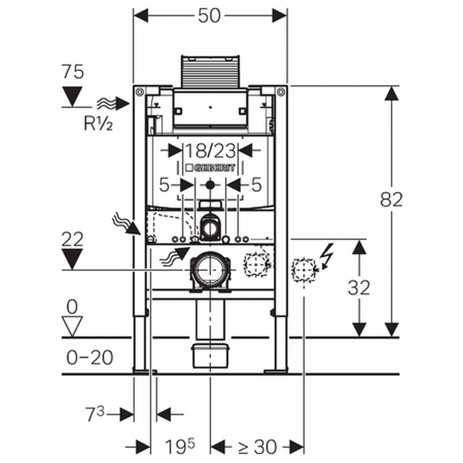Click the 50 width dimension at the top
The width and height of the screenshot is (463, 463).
(x=210, y=16)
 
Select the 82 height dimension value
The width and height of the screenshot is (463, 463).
(x=391, y=200)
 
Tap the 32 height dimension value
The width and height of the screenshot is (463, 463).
(x=359, y=288)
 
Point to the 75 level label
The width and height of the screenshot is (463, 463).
(x=73, y=72)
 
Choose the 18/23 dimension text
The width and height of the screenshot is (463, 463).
(x=210, y=151)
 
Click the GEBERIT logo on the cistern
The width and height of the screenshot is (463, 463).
(x=210, y=168)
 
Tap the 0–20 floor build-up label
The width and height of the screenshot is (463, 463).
(x=89, y=358)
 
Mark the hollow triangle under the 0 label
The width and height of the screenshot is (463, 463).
(x=73, y=326)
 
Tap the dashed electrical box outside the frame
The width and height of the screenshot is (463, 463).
(x=303, y=269)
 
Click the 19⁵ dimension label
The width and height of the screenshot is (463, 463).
(x=181, y=446)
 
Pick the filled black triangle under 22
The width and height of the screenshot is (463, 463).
(x=73, y=258)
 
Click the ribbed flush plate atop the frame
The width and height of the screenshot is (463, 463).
(x=210, y=73)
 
